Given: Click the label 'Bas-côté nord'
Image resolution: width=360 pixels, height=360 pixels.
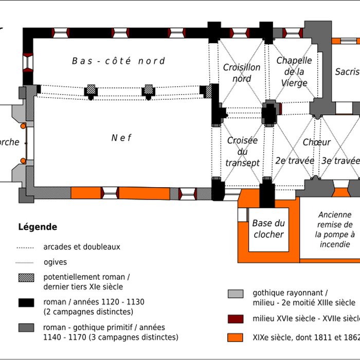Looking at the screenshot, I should [118, 61].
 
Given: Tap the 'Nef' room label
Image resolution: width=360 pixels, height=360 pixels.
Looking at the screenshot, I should [121, 138].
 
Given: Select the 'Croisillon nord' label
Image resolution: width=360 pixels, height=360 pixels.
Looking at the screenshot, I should [242, 73].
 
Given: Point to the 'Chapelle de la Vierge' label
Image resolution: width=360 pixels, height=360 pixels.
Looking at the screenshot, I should [294, 71].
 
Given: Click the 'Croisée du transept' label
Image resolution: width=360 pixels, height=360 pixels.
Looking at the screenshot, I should [242, 152].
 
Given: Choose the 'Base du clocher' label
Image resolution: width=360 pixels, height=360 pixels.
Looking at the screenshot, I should [268, 229].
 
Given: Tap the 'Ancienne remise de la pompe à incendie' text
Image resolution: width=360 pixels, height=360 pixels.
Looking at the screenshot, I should [335, 229].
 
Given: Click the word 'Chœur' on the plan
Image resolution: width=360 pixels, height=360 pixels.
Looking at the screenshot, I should [316, 142].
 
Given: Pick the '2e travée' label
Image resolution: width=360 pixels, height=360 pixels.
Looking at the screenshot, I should [295, 160].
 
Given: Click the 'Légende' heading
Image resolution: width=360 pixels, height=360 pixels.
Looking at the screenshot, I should [38, 227].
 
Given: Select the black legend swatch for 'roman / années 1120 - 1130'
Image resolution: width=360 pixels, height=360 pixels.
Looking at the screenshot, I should [26, 302].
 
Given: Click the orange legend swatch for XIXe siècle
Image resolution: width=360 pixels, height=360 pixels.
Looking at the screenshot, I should [236, 338].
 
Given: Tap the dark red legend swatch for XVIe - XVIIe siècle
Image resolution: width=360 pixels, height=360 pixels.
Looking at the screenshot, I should [236, 318].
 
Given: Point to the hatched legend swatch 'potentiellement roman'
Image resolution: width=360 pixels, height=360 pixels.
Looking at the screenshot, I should [26, 278].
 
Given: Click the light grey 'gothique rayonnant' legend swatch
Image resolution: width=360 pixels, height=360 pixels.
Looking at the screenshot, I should [236, 294].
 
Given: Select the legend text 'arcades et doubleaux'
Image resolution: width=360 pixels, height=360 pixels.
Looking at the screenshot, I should [82, 247].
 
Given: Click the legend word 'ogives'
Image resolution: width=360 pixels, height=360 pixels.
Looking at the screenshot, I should [56, 262].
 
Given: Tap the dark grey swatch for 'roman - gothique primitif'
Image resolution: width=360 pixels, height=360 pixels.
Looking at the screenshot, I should [26, 328].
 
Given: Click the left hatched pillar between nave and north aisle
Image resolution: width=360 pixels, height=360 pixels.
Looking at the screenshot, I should [91, 91].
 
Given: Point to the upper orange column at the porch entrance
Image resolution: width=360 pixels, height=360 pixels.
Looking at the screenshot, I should [23, 126].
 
